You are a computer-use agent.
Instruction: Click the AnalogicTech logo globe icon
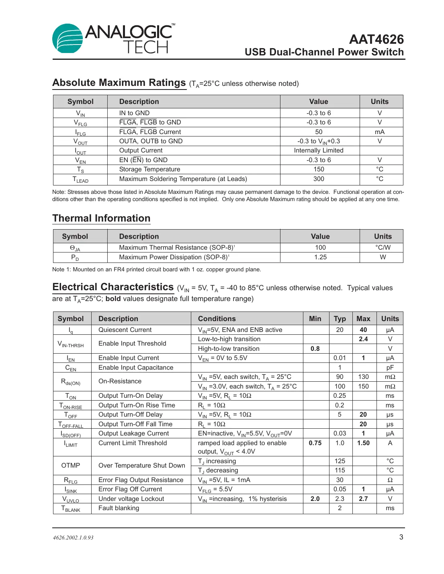[68, 39]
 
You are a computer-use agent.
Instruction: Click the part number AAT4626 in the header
[376, 39]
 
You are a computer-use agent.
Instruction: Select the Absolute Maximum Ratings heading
[119, 83]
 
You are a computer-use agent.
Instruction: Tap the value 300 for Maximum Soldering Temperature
[319, 179]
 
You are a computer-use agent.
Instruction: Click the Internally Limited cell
[319, 151]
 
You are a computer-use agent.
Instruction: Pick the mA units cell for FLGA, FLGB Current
[379, 132]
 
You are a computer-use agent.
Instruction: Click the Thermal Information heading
[101, 218]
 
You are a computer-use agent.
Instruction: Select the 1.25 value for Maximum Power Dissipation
[320, 257]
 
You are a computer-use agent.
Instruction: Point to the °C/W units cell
[383, 248]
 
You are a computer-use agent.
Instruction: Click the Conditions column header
[217, 319]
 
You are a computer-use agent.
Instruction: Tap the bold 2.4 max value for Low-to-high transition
[363, 339]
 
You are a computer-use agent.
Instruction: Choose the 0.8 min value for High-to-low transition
[315, 349]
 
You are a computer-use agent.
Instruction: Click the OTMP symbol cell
[71, 466]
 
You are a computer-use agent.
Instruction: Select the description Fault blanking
[119, 508]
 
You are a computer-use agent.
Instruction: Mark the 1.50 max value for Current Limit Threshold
[363, 443]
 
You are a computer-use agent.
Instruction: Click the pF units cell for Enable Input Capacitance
[390, 368]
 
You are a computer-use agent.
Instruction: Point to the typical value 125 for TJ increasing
[340, 461]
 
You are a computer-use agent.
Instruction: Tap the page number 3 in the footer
[401, 537]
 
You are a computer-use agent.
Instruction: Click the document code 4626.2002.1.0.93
[73, 538]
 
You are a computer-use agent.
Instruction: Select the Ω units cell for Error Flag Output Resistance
[390, 480]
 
